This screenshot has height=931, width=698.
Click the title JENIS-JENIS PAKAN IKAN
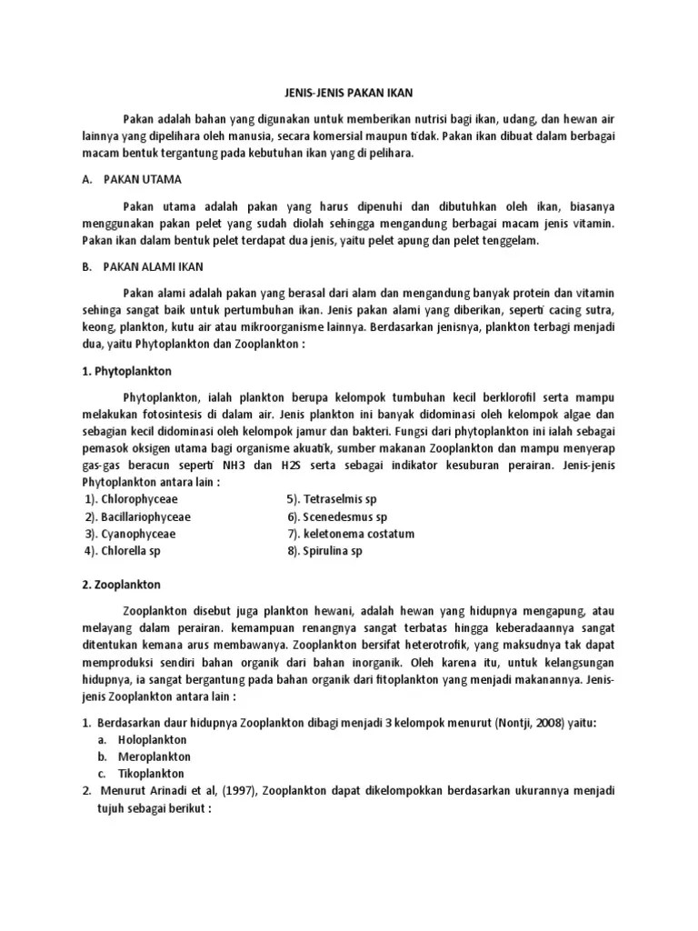pyautogui.click(x=349, y=93)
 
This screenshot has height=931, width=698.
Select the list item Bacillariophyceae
pyautogui.click(x=146, y=516)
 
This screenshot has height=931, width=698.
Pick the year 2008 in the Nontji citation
pyautogui.click(x=564, y=723)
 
